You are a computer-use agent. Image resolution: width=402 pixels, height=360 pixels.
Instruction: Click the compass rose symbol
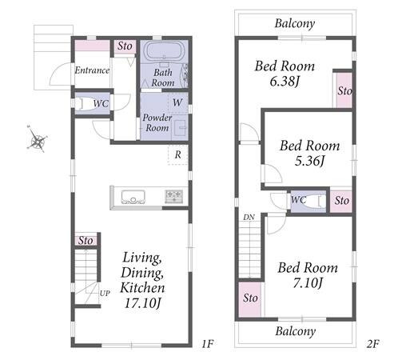(37, 139)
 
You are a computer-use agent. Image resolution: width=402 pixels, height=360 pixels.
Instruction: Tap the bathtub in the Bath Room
(164, 51)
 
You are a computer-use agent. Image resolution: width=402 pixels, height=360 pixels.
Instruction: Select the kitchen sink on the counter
(133, 197)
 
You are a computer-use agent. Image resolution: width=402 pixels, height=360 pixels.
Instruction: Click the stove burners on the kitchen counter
(173, 197)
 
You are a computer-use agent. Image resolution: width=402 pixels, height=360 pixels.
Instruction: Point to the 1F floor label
(207, 344)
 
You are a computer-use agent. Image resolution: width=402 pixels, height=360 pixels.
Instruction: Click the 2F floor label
(372, 344)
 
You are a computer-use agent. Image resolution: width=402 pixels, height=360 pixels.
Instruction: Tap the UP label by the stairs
(105, 294)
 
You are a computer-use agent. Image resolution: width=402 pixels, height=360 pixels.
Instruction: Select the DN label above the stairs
(249, 218)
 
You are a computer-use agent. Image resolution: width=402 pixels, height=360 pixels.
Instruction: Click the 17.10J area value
(142, 303)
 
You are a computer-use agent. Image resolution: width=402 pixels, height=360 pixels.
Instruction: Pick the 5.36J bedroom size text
(309, 161)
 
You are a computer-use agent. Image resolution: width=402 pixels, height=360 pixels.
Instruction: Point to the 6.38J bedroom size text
(285, 81)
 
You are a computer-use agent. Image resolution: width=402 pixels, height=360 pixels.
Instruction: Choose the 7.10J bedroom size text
(308, 282)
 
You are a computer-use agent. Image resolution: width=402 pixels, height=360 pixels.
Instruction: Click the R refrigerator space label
(178, 154)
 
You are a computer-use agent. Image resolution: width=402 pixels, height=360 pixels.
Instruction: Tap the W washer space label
(177, 102)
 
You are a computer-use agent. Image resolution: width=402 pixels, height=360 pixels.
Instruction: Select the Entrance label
(92, 70)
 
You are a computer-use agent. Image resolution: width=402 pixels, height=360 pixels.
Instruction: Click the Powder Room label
(157, 122)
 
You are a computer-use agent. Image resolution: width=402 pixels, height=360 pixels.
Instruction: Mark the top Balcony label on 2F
(295, 24)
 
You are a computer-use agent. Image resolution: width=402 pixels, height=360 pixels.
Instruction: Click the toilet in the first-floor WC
(82, 103)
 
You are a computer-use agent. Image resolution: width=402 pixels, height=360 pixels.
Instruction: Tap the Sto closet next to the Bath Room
(125, 46)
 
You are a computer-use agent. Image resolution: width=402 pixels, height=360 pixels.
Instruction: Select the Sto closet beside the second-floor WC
(341, 201)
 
